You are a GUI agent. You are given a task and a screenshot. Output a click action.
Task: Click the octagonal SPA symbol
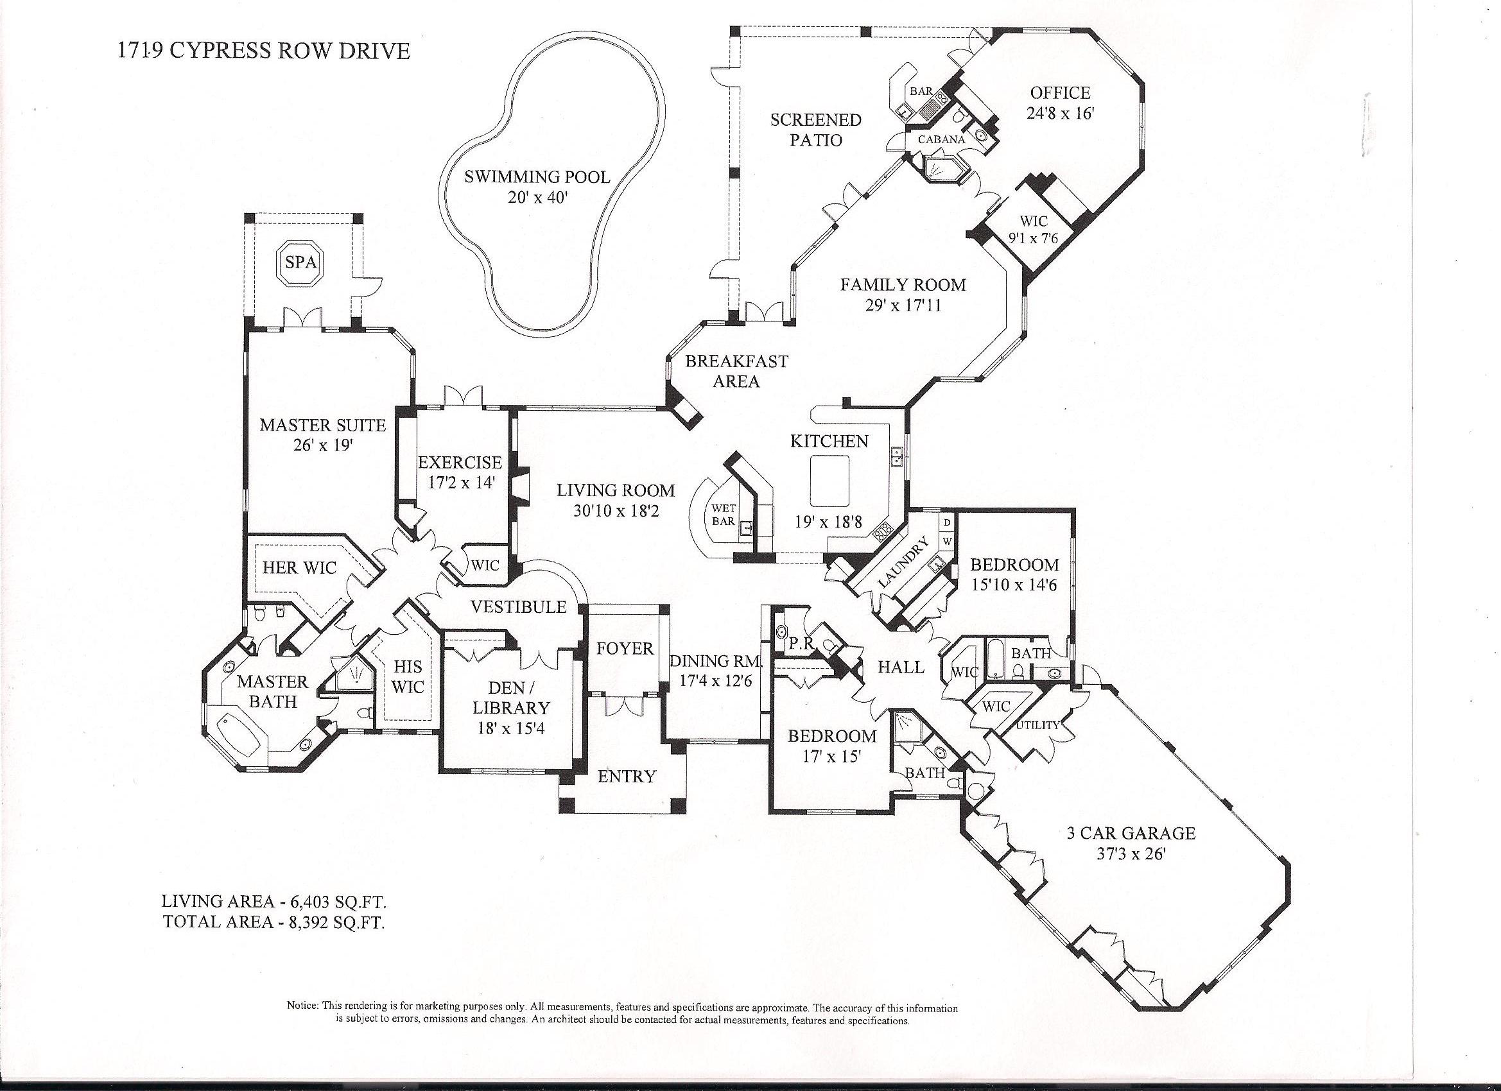pyautogui.click(x=301, y=262)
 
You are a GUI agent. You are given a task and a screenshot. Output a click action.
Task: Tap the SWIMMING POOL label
pyautogui.click(x=537, y=176)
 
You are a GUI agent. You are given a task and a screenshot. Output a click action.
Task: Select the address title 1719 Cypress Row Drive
pyautogui.click(x=263, y=51)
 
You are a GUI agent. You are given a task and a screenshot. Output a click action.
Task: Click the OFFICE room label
pyautogui.click(x=1059, y=93)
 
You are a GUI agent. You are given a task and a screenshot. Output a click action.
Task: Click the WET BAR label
pyautogui.click(x=724, y=515)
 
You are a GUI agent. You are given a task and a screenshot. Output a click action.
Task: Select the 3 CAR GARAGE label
pyautogui.click(x=1131, y=833)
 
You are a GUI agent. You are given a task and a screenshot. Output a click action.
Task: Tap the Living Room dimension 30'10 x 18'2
pyautogui.click(x=616, y=511)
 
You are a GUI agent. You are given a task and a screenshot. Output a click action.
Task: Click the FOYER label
pyautogui.click(x=625, y=648)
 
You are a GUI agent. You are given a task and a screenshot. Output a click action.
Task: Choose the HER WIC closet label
pyautogui.click(x=299, y=567)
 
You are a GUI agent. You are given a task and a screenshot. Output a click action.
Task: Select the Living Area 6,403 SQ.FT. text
pyautogui.click(x=274, y=901)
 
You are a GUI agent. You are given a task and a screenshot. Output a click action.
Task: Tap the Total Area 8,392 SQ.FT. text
pyautogui.click(x=274, y=922)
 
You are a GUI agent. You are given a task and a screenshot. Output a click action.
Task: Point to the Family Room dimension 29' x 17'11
pyautogui.click(x=903, y=305)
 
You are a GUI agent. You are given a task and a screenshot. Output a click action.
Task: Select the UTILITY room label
pyautogui.click(x=1037, y=725)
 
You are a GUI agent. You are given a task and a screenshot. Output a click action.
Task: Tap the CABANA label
pyautogui.click(x=941, y=140)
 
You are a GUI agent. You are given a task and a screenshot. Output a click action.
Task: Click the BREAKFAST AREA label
pyautogui.click(x=736, y=371)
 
